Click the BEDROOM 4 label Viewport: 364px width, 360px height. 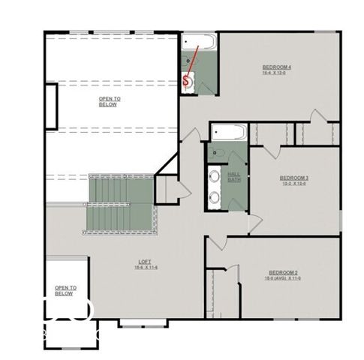(276, 67)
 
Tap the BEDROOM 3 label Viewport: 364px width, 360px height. (294, 178)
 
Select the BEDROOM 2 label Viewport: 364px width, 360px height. (284, 272)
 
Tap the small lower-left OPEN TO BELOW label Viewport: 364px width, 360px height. (64, 290)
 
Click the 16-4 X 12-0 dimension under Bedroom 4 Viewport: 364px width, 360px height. (276, 73)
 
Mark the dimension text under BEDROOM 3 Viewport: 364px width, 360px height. (294, 184)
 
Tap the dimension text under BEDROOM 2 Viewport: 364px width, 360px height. (284, 278)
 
